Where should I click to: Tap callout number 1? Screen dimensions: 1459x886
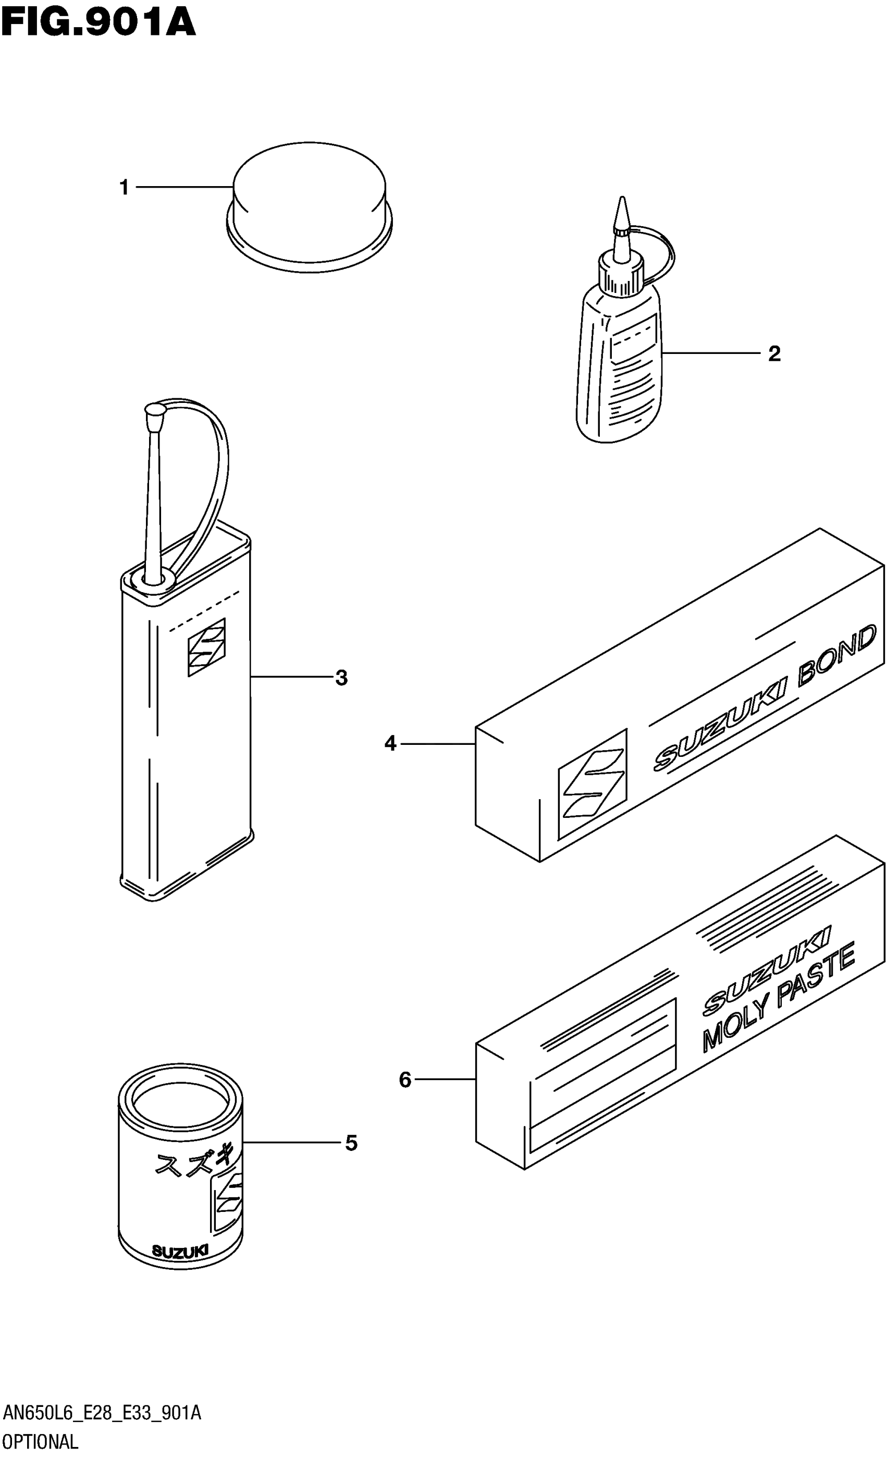[x=124, y=188]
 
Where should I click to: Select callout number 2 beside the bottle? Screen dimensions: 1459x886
[x=773, y=354]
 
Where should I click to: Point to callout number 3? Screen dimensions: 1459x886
[x=341, y=678]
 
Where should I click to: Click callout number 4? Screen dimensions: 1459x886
[x=390, y=743]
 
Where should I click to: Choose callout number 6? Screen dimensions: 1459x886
[x=405, y=1080]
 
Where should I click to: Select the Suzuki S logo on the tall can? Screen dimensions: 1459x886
[x=206, y=647]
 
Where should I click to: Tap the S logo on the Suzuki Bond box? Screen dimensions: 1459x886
[x=592, y=783]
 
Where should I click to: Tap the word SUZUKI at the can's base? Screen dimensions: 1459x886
[x=180, y=1251]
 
